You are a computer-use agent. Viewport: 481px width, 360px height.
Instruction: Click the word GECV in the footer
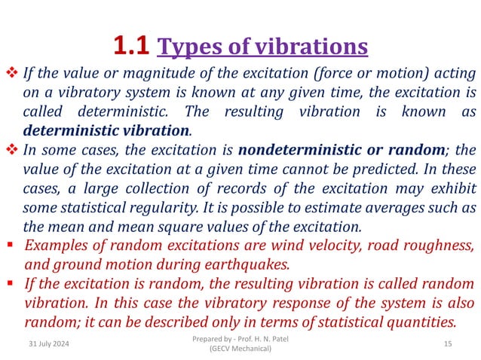click(222, 349)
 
